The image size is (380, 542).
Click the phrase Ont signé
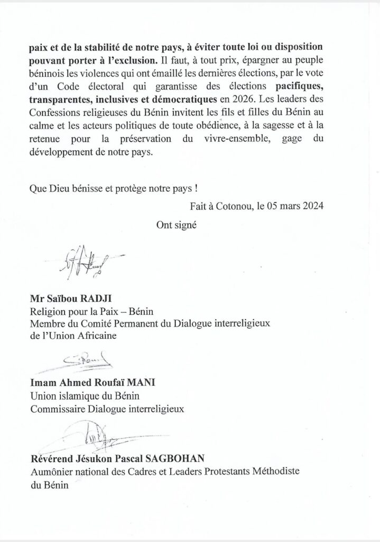coord(177,224)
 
